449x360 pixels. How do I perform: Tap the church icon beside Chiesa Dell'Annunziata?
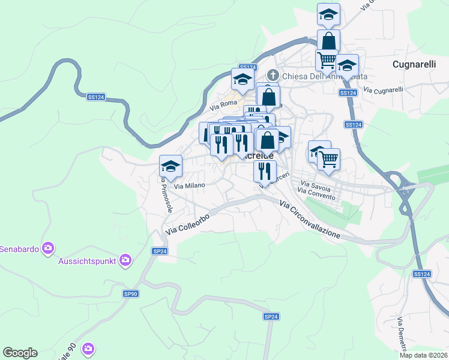273,76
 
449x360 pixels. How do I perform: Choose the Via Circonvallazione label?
310,221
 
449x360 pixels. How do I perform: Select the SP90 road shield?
130,293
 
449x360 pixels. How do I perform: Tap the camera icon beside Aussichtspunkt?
125,260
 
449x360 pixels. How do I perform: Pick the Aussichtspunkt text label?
88,260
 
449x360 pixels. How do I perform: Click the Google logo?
20,353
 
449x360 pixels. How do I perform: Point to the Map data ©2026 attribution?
423,355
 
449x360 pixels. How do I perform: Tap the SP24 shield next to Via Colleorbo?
159,251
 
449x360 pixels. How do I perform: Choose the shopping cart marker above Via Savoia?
328,159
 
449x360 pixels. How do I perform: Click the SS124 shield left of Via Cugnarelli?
348,93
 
